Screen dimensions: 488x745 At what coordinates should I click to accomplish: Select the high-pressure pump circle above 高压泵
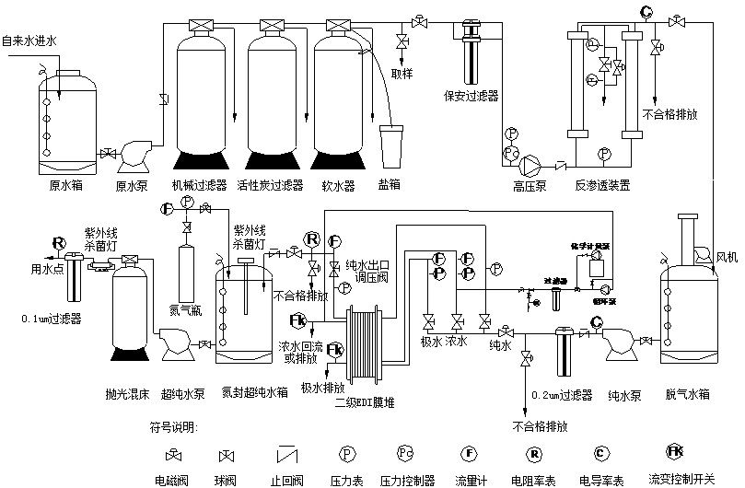[x=533, y=165]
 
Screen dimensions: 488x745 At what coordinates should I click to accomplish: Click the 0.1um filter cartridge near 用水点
[x=74, y=285]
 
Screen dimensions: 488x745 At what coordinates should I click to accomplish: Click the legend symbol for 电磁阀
[x=173, y=455]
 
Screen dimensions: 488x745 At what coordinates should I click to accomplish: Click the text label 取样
[x=402, y=73]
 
